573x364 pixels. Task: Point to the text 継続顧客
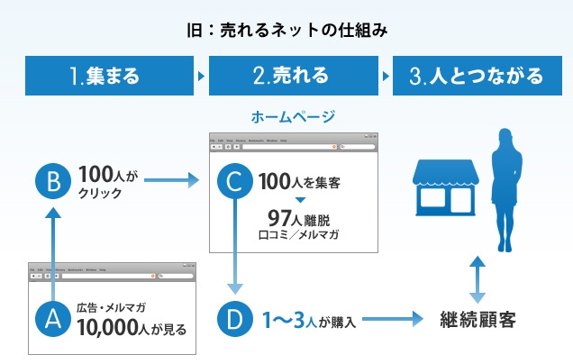(x=477, y=319)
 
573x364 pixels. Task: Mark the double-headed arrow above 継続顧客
(x=478, y=278)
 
